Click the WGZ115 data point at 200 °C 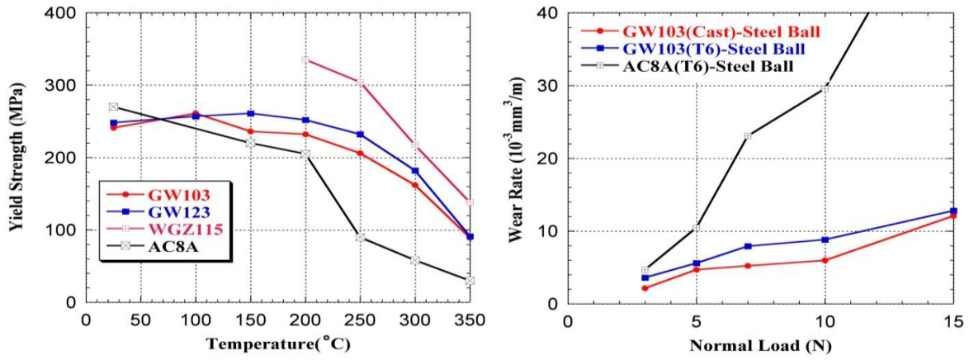(x=305, y=60)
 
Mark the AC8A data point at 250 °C (x=361, y=238)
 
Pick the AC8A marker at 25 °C (x=113, y=107)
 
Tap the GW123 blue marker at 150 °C (x=250, y=113)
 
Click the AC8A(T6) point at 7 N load (x=747, y=135)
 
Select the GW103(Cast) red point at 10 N (x=825, y=260)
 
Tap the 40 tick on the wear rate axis (x=550, y=13)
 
